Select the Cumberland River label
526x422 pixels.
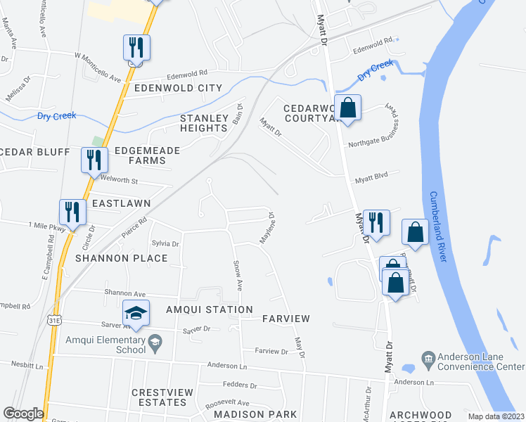click(x=438, y=227)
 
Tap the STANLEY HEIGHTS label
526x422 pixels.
click(x=204, y=123)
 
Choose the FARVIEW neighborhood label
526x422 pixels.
click(x=286, y=319)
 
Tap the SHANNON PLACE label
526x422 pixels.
click(x=122, y=258)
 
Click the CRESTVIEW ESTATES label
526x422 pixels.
click(x=160, y=397)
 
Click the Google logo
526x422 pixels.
click(x=23, y=414)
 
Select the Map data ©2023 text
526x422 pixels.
click(x=495, y=416)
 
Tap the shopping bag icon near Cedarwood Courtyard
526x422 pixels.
click(x=347, y=108)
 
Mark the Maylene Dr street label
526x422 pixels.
click(x=267, y=229)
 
